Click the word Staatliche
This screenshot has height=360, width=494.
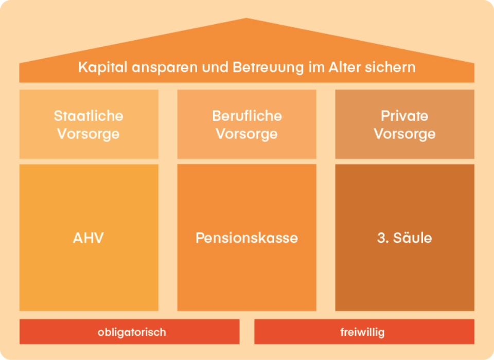(89, 116)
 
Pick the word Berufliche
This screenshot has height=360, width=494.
(247, 116)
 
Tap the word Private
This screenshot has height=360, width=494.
(404, 116)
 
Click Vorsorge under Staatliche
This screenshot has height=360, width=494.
(89, 134)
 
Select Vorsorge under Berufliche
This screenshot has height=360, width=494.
(247, 134)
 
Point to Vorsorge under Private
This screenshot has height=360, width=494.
(404, 134)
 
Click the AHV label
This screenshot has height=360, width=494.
(89, 238)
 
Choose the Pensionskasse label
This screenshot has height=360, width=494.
(247, 238)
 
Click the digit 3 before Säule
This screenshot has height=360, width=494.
(381, 238)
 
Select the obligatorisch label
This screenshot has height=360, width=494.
(132, 332)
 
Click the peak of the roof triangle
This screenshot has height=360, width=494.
(247, 20)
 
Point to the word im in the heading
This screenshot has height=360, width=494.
(314, 67)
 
